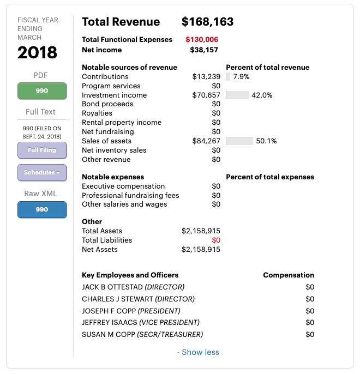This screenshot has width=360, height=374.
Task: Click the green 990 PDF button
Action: click(42, 91)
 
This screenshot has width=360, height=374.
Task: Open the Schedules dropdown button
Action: click(42, 172)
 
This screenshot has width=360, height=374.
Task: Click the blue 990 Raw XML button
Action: click(42, 209)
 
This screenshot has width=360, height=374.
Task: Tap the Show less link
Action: click(198, 352)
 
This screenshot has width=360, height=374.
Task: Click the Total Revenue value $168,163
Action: click(207, 22)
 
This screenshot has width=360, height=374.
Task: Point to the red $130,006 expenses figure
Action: click(202, 40)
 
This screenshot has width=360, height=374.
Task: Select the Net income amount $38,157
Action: click(204, 50)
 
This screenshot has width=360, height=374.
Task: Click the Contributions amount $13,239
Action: click(206, 77)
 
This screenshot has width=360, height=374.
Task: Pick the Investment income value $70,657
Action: click(206, 95)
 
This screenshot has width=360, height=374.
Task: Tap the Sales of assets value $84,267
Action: click(206, 141)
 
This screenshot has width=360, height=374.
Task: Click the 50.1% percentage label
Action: click(266, 141)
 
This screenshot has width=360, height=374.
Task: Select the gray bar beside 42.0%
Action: click(237, 95)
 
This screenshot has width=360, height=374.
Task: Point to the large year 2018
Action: click(37, 53)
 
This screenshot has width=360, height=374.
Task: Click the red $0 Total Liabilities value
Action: click(216, 240)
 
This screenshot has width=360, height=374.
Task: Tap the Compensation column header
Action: click(289, 275)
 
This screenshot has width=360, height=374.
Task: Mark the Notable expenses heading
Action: click(113, 177)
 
